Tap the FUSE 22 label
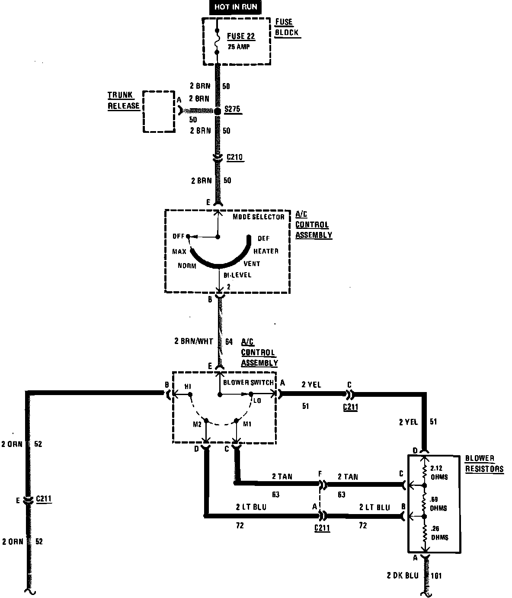(x=241, y=36)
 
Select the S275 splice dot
(x=218, y=111)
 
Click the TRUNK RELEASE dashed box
(x=159, y=111)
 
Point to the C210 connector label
(x=236, y=158)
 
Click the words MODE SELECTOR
(x=259, y=217)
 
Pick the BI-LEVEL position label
(x=237, y=275)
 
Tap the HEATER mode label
(x=266, y=251)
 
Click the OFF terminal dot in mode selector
(x=188, y=236)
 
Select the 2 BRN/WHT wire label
(x=194, y=341)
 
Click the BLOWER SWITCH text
(x=248, y=383)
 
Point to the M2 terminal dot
(x=206, y=421)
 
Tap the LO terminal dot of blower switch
(x=250, y=394)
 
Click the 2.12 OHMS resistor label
(x=439, y=473)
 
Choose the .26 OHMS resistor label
(x=439, y=533)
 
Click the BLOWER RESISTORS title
(x=484, y=463)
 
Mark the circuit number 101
(x=436, y=576)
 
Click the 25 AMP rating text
(x=239, y=47)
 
